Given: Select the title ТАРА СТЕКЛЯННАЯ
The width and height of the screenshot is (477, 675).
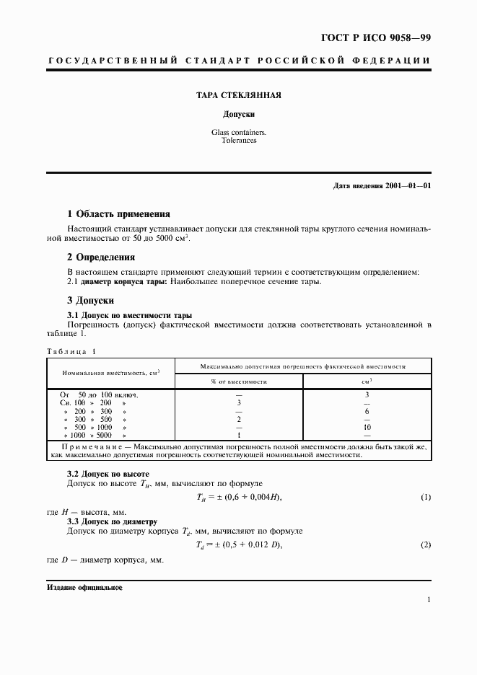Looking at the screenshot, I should [x=238, y=94].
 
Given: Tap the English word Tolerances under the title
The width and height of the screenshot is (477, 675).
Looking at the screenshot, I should [x=238, y=141].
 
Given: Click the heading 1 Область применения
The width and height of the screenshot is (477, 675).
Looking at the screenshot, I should [x=118, y=213].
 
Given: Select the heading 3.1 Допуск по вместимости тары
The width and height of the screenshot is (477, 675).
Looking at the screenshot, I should [x=129, y=315].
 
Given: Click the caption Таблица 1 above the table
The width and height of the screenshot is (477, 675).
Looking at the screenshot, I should [x=71, y=351].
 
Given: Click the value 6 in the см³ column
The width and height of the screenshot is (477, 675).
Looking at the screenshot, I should [x=367, y=410].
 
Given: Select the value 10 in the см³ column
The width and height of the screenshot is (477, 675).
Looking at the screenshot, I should [x=367, y=427].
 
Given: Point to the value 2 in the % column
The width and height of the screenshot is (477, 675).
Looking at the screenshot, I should [x=239, y=418].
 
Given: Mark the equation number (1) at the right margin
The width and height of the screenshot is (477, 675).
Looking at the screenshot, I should [x=426, y=498].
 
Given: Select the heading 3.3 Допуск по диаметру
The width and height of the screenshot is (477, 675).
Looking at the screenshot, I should [x=111, y=521].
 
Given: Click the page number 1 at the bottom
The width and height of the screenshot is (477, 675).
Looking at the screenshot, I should [x=429, y=600].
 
